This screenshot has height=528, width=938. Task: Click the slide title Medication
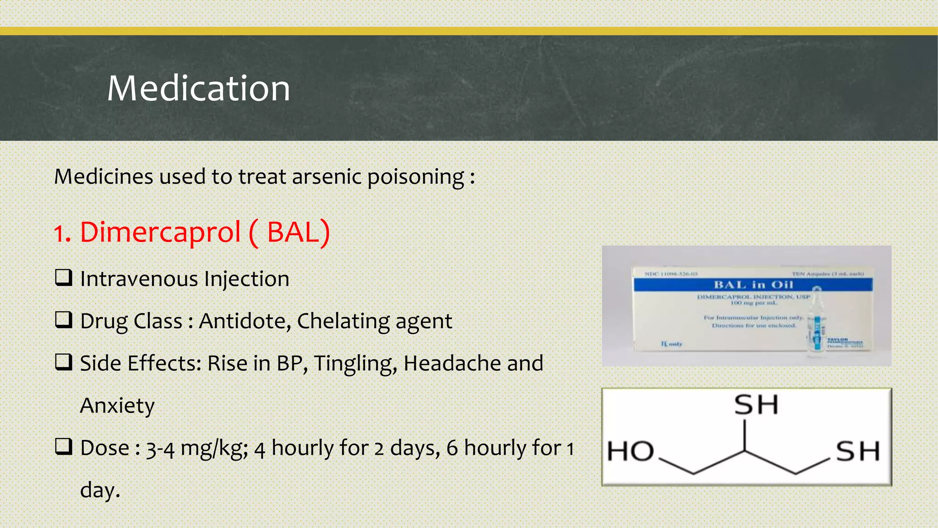[x=198, y=88]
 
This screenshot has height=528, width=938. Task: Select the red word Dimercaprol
[x=160, y=232]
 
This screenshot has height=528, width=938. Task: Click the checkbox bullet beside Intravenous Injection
[x=63, y=277]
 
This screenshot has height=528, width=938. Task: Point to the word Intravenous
[x=139, y=279]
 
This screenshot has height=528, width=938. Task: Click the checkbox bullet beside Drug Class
[x=63, y=319]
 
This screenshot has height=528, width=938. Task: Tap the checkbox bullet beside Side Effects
[x=63, y=362]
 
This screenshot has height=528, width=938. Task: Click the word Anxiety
[x=117, y=406]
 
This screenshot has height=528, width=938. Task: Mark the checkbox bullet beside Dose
[x=63, y=446]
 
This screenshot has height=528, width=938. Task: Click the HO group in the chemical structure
[x=630, y=451]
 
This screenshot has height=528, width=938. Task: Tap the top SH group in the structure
[x=756, y=405]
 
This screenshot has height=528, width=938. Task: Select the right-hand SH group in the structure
[x=857, y=451]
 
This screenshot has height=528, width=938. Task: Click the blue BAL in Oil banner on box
[x=753, y=285]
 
